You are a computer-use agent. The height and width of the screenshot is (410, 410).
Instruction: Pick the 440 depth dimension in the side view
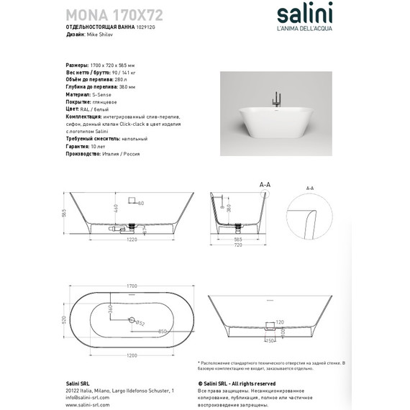[114, 209]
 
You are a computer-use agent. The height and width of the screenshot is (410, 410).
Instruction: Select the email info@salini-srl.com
[89, 396]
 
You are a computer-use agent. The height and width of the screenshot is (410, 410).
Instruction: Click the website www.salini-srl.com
[88, 404]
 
